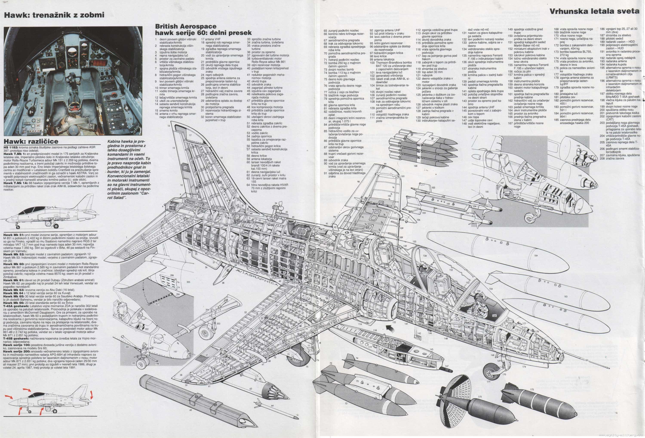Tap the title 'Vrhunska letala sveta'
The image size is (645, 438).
pos(594,11)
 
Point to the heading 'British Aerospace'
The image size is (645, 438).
pos(186,26)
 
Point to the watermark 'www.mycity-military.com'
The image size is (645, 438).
pos(622,435)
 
